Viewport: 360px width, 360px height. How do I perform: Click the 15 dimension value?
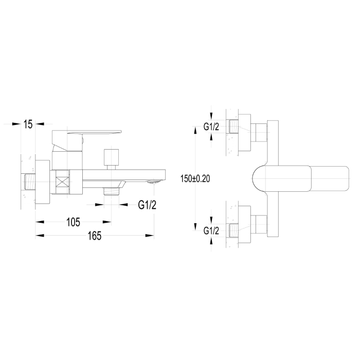[28, 124]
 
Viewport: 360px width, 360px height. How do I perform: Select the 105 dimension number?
[73, 222]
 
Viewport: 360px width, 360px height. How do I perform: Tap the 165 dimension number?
[94, 236]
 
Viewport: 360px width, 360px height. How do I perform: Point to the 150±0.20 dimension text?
[195, 178]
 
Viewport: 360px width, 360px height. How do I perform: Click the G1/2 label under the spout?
[147, 205]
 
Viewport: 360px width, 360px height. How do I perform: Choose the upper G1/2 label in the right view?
[211, 127]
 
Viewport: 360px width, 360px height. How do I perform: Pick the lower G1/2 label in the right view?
[211, 231]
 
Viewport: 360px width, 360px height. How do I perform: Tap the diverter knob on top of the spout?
[112, 159]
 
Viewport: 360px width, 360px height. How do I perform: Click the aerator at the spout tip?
[154, 182]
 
